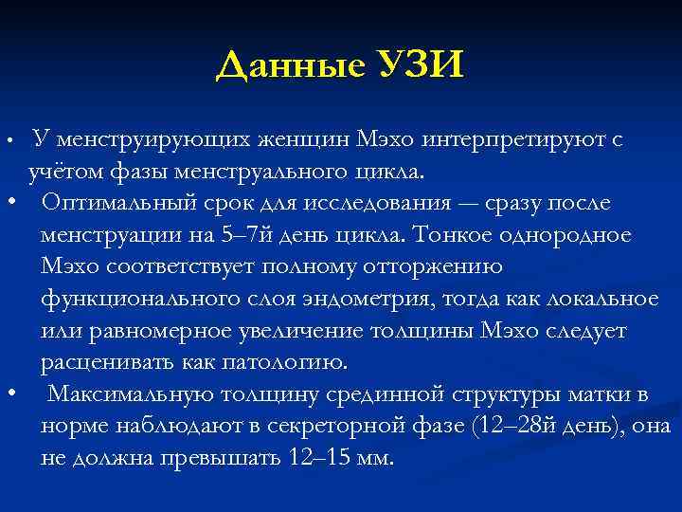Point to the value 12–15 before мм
325,457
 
